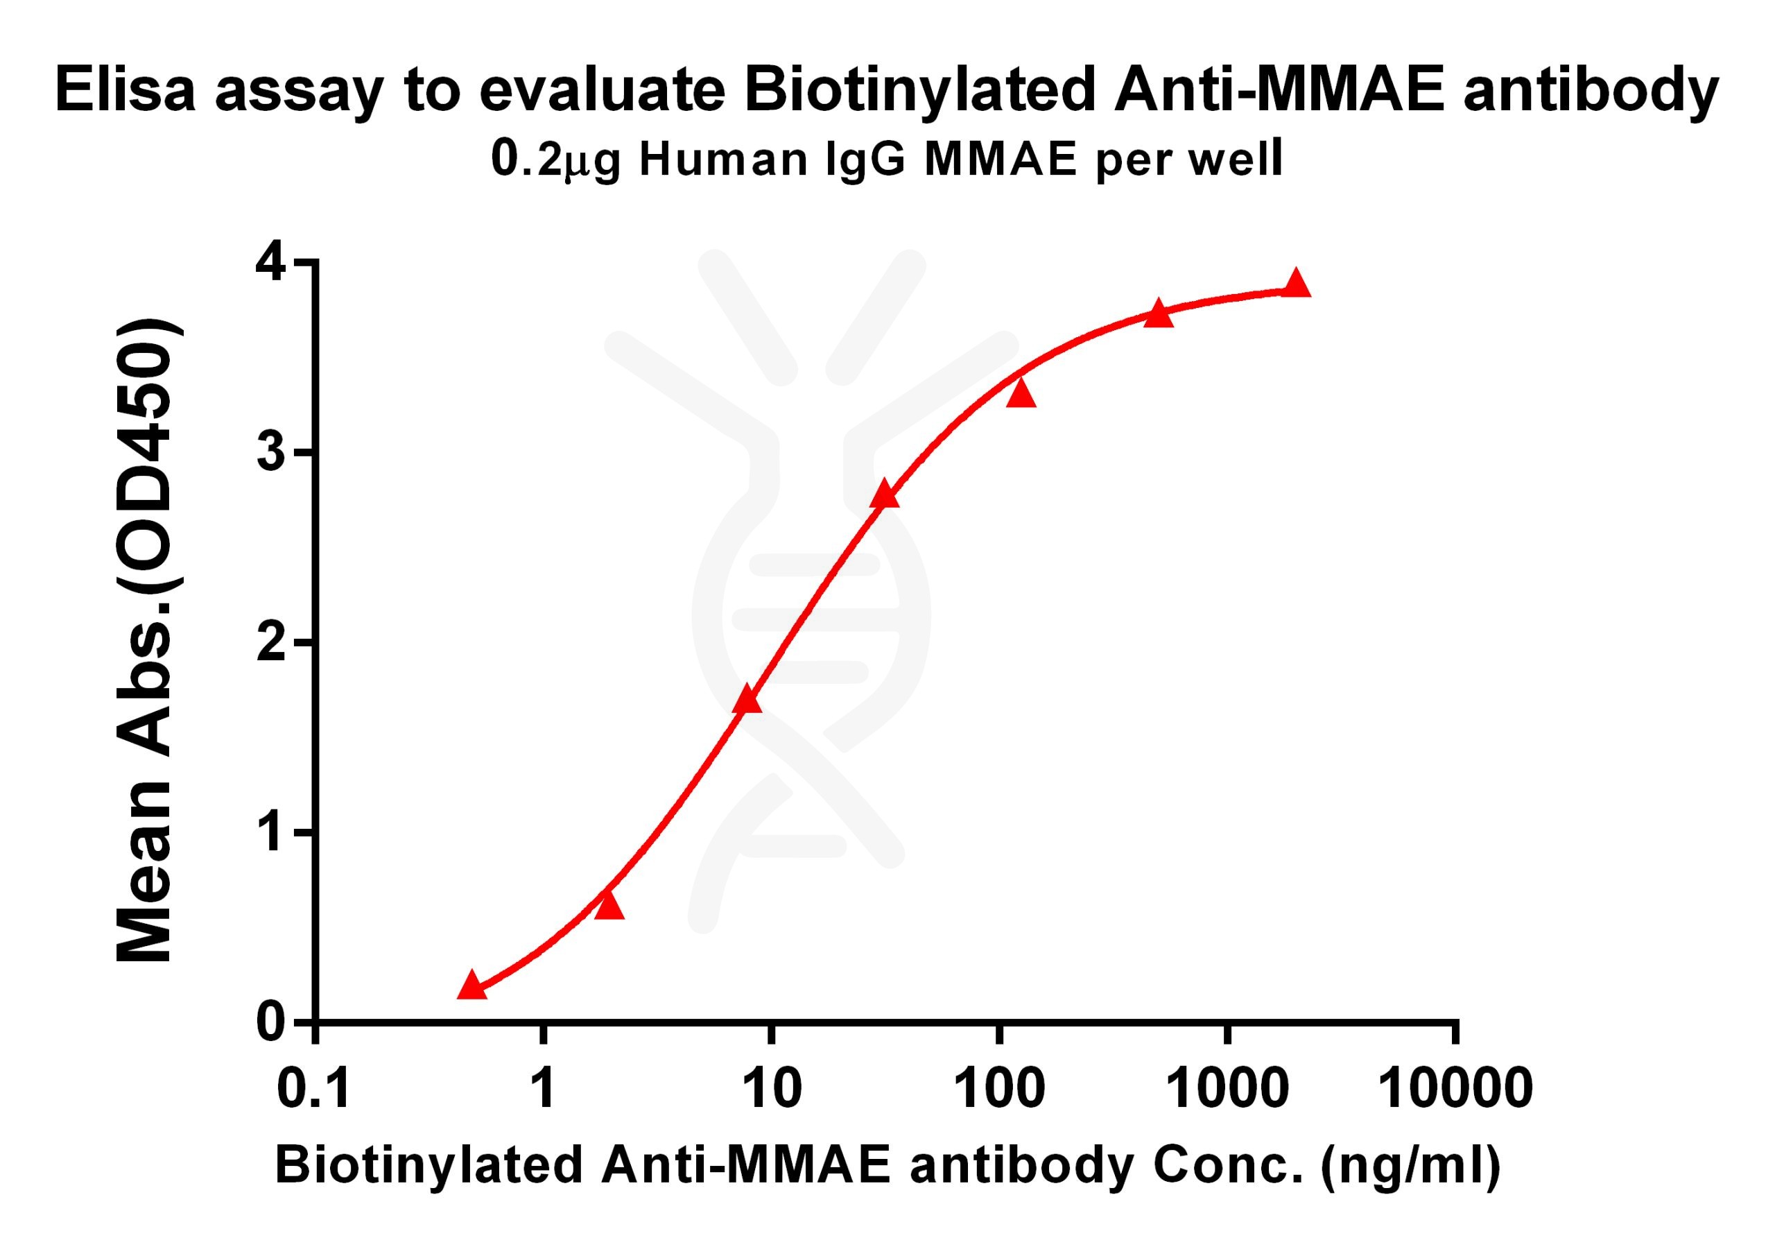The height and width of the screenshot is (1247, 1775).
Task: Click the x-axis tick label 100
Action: [x=999, y=1090]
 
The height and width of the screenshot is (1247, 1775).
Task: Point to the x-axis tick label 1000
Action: [x=1227, y=1090]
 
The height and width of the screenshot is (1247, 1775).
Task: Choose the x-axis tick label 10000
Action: [x=1455, y=1090]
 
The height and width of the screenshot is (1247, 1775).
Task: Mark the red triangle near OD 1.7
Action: [x=747, y=700]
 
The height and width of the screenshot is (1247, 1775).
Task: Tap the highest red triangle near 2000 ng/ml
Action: [x=1297, y=284]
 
